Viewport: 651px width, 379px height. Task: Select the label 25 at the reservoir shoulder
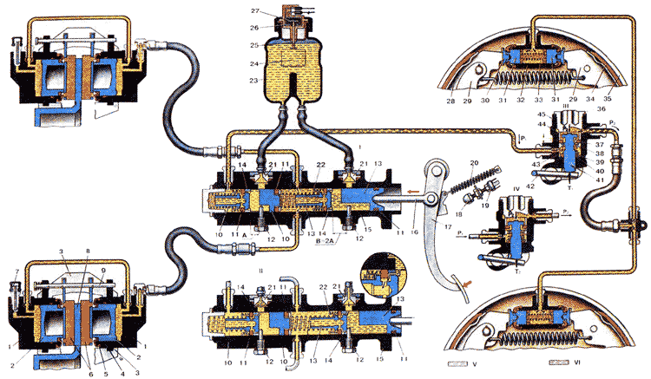[x=253, y=43]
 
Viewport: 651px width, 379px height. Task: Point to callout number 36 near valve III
[x=602, y=108]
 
